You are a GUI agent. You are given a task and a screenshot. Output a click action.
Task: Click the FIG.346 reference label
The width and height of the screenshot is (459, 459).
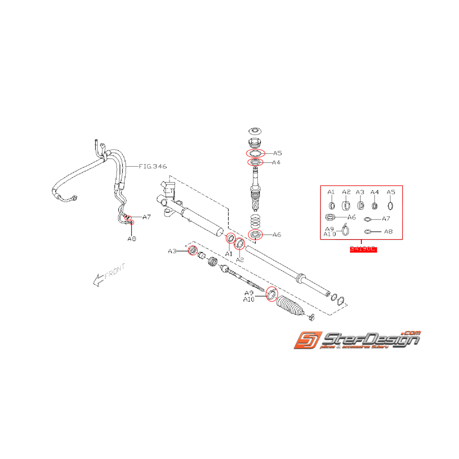153,167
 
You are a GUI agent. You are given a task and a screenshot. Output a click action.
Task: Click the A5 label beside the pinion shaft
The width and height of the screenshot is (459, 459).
278,153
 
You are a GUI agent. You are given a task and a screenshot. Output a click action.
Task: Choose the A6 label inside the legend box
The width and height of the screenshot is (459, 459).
351,217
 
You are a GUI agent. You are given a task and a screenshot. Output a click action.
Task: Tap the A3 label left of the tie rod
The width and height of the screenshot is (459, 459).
172,251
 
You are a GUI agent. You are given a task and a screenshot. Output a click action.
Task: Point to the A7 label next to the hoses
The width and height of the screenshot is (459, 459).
146,217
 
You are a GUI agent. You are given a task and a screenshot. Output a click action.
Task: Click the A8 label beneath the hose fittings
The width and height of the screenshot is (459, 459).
132,239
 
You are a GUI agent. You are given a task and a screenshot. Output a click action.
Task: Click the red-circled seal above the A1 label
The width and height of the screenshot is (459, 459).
230,239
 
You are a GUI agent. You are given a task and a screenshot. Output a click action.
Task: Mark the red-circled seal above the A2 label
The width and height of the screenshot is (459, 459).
239,243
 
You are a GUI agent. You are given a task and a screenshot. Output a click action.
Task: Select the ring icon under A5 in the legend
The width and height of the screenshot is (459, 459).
390,206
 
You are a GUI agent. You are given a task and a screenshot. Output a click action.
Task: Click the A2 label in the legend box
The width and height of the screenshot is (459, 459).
346,192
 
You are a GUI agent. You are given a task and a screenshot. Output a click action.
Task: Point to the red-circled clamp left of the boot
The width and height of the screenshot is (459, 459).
271,295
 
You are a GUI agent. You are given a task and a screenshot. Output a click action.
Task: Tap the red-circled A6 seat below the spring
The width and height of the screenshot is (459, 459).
255,234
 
